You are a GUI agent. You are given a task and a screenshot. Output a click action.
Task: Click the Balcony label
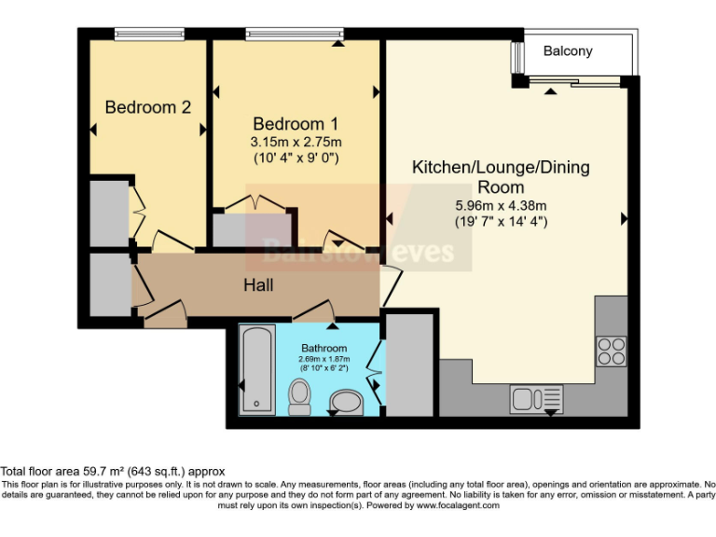pyautogui.click(x=568, y=51)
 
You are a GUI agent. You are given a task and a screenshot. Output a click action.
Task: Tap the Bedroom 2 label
pyautogui.click(x=147, y=107)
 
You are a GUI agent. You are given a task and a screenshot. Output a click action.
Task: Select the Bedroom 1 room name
pyautogui.click(x=296, y=124)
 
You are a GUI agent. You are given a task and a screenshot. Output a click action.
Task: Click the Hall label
pyautogui.click(x=258, y=284)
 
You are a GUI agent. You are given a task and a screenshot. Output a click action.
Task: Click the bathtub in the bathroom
pyautogui.click(x=256, y=372)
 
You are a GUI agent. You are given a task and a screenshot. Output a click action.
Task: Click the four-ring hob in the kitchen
pyautogui.click(x=612, y=351)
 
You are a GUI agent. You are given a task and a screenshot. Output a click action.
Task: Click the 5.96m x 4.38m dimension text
pyautogui.click(x=501, y=205)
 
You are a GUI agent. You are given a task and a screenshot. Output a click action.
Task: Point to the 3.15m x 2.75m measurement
pyautogui.click(x=296, y=142)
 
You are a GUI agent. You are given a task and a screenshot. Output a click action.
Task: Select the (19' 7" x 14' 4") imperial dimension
pyautogui.click(x=501, y=222)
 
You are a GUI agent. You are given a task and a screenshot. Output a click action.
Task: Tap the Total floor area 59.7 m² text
pyautogui.click(x=113, y=472)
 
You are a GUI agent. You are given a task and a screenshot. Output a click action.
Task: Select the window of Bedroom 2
pyautogui.click(x=147, y=34)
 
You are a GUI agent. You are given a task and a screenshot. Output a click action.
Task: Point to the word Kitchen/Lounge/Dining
pyautogui.click(x=501, y=169)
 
